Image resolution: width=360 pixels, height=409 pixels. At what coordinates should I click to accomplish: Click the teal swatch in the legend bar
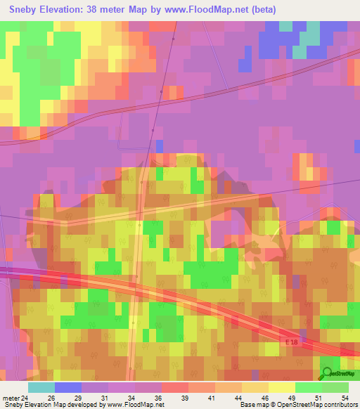[x=41, y=387]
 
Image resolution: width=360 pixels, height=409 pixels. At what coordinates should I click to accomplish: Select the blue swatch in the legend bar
[x=68, y=387]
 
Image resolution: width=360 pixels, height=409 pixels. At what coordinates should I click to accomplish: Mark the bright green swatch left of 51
[x=308, y=387]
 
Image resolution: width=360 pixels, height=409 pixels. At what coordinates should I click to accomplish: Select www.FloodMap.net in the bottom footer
[x=134, y=405]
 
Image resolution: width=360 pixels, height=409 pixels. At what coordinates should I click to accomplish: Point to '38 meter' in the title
[x=114, y=10]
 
